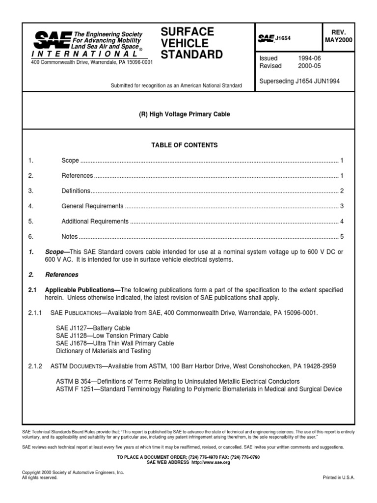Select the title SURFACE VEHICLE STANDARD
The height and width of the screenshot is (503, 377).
[x=192, y=43]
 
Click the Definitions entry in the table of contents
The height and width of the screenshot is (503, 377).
[x=76, y=191]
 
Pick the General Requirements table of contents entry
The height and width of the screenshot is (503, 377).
[x=92, y=206]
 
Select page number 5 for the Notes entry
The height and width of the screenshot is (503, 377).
[x=342, y=236]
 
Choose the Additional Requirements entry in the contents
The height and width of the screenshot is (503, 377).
[x=95, y=221]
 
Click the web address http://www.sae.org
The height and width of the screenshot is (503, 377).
[x=213, y=462]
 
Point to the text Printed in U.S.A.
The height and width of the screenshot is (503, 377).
[x=338, y=477]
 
